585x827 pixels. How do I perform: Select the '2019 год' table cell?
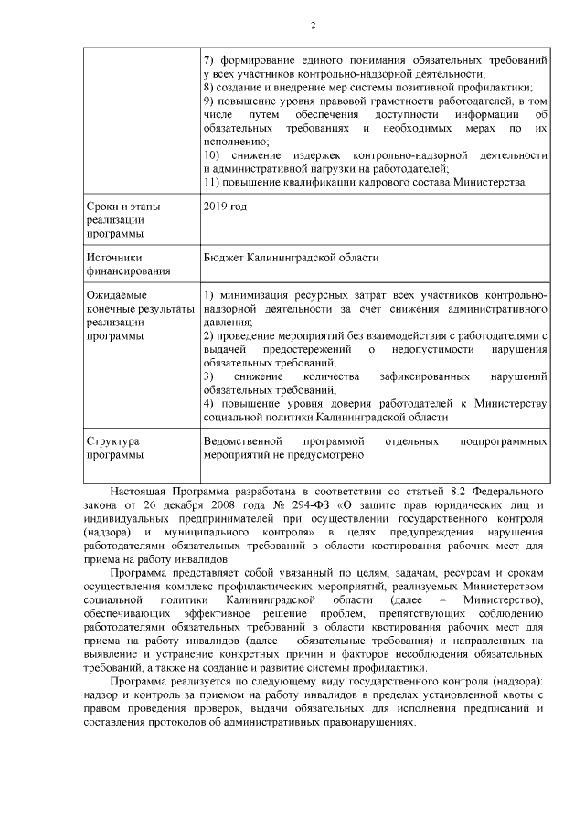[x=225, y=207]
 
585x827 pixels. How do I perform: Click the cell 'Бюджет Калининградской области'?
[x=291, y=258]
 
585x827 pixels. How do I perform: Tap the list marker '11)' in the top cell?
[x=211, y=183]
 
